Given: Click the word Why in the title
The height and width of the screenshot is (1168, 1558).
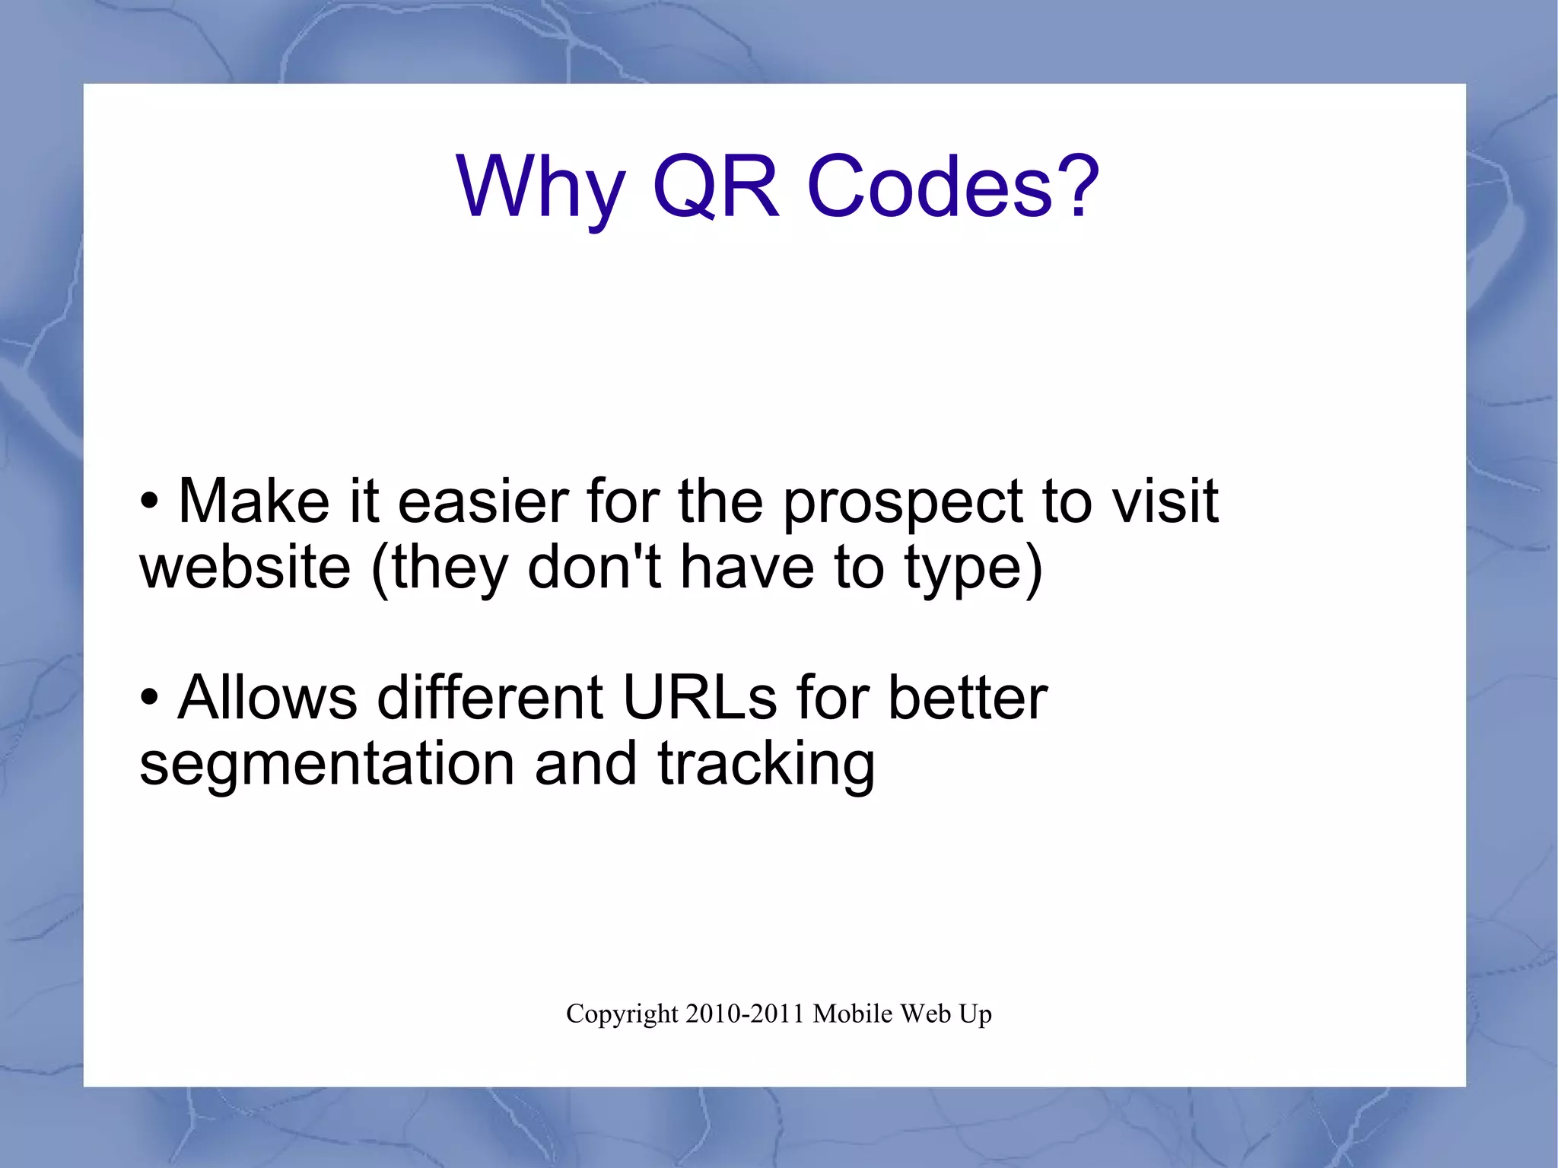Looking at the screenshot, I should pos(540,186).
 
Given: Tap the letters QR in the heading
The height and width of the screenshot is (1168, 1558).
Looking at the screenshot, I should pos(716,186).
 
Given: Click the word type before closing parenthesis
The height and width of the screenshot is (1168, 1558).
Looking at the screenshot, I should pos(963,569).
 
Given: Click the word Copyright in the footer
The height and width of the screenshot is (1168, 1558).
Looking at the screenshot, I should pos(622,1014).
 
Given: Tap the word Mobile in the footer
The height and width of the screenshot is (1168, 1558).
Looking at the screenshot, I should pos(852,1014).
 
